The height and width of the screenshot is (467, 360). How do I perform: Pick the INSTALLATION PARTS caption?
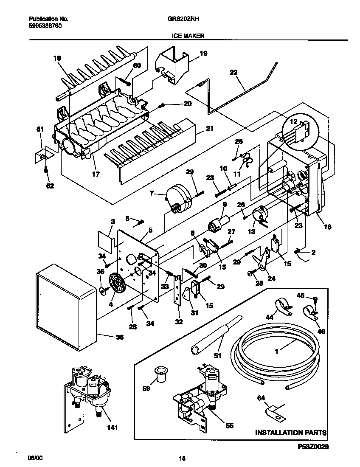coord(291,433)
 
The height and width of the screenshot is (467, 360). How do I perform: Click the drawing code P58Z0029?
coord(311,447)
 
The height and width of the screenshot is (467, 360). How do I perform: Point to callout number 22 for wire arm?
coord(233,72)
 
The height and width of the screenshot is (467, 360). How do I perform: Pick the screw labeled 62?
coord(45,170)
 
